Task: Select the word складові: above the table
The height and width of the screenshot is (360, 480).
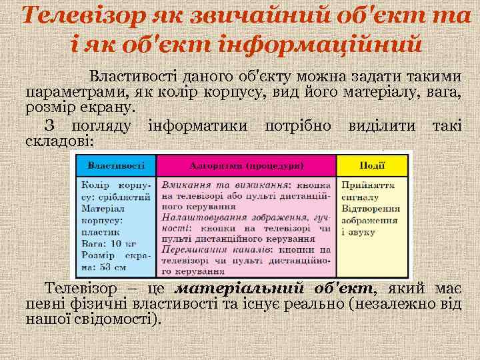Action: (x=59, y=141)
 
